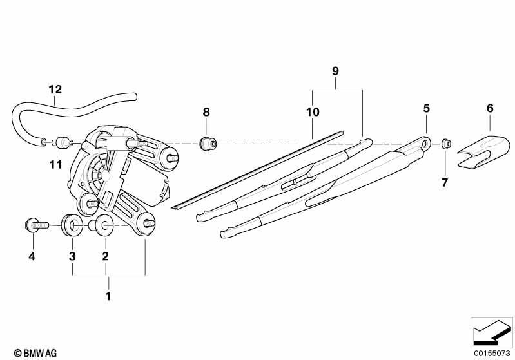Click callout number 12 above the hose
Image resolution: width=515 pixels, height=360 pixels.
click(55, 90)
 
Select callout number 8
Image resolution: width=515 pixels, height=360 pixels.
click(206, 112)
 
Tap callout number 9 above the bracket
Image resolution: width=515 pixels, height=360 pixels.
click(335, 71)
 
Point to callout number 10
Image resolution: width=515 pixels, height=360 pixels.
click(313, 112)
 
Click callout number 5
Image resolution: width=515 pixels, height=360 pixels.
click(426, 108)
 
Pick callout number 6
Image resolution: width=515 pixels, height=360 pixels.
click(490, 108)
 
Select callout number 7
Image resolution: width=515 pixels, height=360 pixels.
click(445, 183)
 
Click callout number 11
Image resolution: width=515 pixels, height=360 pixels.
click(56, 165)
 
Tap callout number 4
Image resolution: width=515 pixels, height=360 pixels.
click(32, 256)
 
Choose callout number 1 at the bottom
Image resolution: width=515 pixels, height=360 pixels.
click(108, 296)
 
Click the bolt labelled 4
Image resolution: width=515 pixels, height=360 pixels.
click(37, 225)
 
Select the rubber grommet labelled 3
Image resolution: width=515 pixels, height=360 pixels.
click(72, 225)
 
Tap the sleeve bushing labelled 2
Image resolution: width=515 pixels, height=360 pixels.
click(101, 225)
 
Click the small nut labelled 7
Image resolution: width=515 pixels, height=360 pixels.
click(446, 144)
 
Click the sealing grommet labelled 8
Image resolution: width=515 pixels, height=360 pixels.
click(208, 144)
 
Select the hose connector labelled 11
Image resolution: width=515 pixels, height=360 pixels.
click(63, 143)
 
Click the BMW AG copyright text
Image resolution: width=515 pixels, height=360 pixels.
click(35, 353)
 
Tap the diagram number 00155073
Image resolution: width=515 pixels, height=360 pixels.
click(492, 353)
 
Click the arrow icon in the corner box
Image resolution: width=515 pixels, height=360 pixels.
click(492, 332)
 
